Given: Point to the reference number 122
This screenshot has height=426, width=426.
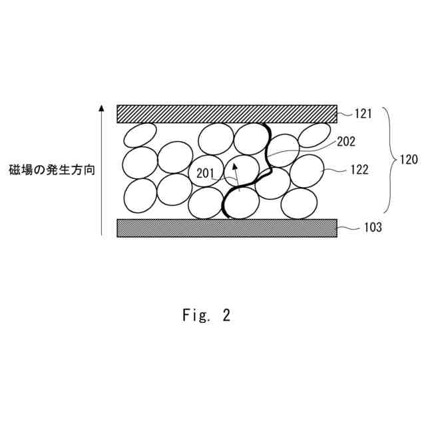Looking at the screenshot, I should [359, 170].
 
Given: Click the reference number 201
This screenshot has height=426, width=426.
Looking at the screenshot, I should [206, 174].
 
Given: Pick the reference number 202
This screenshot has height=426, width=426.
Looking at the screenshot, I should [346, 141].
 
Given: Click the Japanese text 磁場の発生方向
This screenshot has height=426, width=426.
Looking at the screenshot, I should [51, 170].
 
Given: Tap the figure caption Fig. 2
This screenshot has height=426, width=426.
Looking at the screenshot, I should [206, 316].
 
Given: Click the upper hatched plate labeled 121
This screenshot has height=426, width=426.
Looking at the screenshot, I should [226, 114].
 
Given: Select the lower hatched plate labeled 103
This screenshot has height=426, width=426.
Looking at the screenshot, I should [226, 228].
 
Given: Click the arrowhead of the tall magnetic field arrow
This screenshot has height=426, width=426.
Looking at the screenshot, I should [101, 108].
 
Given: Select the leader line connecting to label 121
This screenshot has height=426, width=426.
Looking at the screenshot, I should [343, 114].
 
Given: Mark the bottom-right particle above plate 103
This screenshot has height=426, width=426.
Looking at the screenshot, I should [299, 203].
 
